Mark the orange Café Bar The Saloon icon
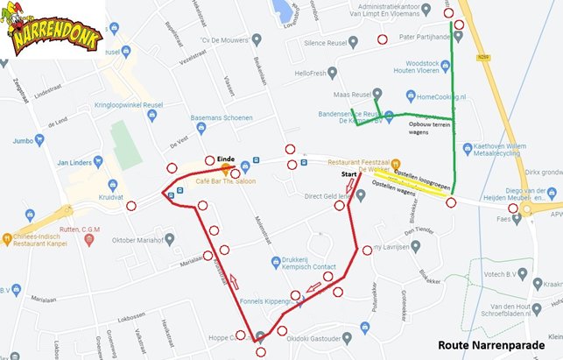click(226, 167)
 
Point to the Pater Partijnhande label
click(425, 37)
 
